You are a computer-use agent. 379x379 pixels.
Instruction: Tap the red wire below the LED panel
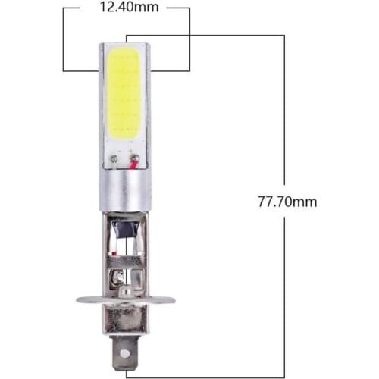(x=134, y=164)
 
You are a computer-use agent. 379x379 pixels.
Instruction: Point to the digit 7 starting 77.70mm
(x=262, y=202)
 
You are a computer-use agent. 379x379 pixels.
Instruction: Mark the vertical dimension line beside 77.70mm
(x=284, y=114)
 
